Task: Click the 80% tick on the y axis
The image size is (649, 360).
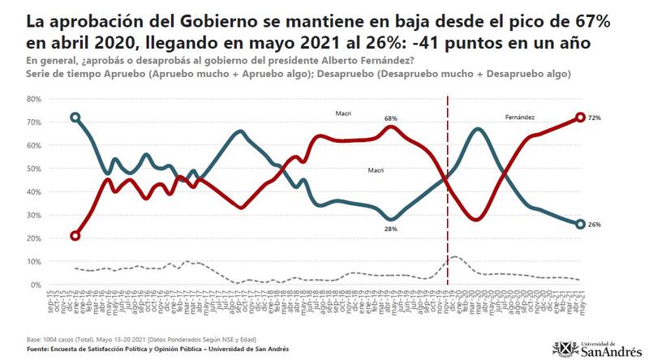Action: click(x=34, y=99)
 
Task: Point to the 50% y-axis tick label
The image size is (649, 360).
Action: click(x=34, y=169)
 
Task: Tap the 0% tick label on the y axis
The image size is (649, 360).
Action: click(x=37, y=285)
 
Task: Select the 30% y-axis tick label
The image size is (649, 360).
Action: click(x=34, y=215)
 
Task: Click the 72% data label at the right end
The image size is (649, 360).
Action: click(x=594, y=118)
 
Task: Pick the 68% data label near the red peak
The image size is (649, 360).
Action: click(x=391, y=118)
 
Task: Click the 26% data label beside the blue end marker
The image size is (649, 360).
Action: click(x=594, y=225)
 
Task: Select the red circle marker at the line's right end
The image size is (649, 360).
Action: click(x=581, y=118)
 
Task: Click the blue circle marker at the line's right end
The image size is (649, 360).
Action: click(x=581, y=225)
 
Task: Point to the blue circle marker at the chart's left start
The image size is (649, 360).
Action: click(x=75, y=118)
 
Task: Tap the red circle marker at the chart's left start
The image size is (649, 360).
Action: click(x=75, y=236)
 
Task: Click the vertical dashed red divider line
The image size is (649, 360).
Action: click(x=448, y=203)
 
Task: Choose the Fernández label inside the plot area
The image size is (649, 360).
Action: click(x=520, y=118)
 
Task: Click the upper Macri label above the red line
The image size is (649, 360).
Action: click(x=343, y=114)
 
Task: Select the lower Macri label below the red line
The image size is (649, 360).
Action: click(x=376, y=170)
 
